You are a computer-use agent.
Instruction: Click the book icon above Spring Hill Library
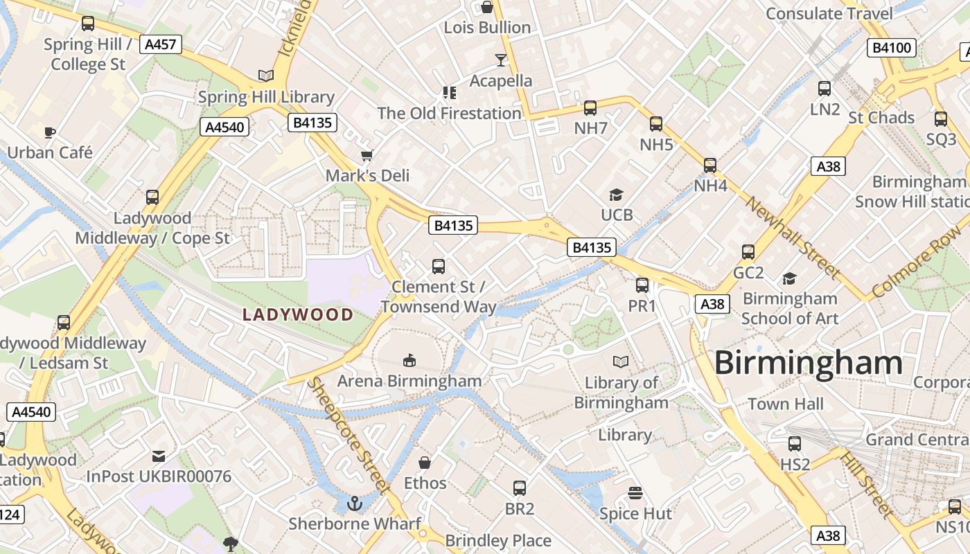pos(265,75)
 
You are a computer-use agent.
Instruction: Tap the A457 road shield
pos(160,45)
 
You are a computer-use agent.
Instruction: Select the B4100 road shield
pos(892,48)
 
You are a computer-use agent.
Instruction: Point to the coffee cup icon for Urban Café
pos(49,132)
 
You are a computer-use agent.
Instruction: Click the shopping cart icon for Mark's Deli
pos(367,155)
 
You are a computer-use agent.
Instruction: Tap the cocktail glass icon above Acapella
pos(501,60)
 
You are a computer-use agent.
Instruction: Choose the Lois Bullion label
pos(487,28)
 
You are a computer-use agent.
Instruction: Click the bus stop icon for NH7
pos(590,107)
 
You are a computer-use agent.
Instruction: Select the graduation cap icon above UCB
pos(616,195)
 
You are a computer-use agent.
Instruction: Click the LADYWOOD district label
pos(298,315)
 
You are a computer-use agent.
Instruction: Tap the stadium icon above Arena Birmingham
pos(409,360)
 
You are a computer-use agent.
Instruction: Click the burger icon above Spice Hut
pos(635,493)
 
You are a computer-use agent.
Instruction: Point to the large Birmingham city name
pos(808,363)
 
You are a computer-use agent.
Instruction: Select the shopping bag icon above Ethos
pos(425,462)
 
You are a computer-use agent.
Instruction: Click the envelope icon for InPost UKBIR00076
pos(159,456)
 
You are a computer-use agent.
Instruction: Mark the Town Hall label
pos(786,404)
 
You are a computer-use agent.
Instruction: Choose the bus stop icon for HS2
pos(795,443)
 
